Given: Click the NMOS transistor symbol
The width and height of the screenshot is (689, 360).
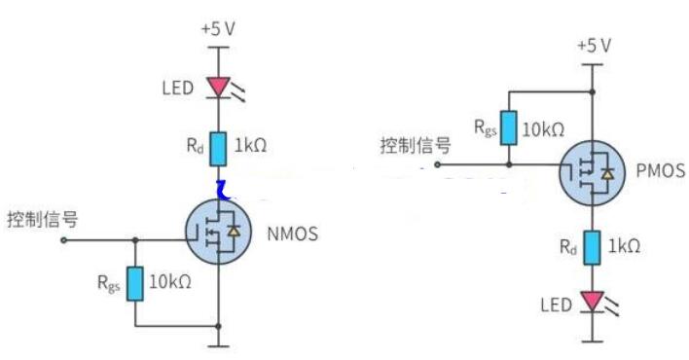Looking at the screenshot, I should coord(219,232).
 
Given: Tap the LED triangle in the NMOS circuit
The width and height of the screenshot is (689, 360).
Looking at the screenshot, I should coord(218,89).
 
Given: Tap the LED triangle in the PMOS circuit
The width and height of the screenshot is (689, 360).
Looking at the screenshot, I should coord(592,303).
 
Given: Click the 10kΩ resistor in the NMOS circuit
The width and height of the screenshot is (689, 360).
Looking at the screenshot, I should coord(135,283).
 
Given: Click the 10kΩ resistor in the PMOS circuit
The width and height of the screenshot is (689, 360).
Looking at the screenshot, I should coord(508,126).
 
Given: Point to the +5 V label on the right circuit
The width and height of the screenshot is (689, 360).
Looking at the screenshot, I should coord(593,46).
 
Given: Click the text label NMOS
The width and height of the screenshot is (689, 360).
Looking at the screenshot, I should coord(292,233).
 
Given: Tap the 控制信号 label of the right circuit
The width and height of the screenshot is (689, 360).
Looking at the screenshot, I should coord(415,146).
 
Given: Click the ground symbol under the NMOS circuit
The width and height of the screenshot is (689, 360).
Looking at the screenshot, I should coord(219,343).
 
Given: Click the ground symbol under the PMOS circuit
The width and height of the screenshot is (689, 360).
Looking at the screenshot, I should coord(592,340).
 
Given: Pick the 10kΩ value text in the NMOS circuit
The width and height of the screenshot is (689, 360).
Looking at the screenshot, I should coord(169,283).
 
